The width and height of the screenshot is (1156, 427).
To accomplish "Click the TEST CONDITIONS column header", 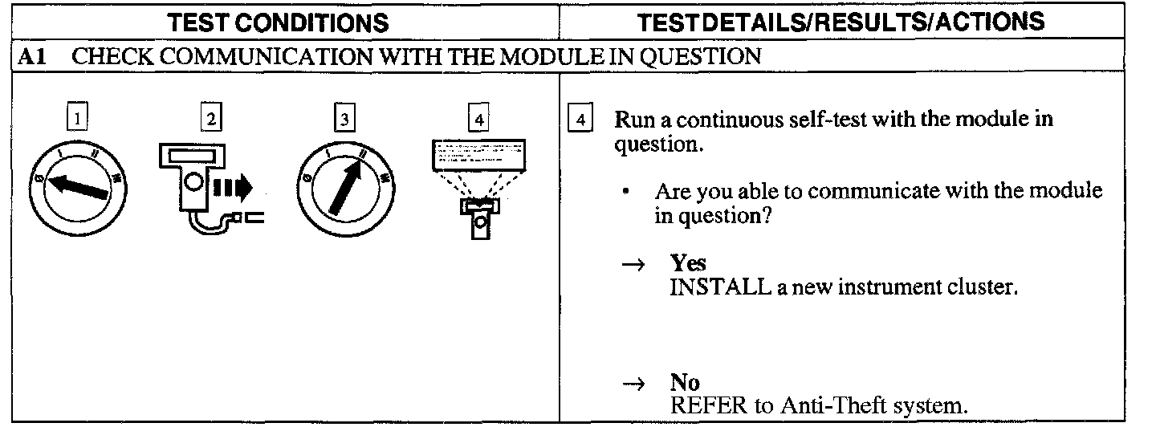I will (x=279, y=23).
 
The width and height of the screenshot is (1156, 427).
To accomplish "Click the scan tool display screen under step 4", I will (x=479, y=153).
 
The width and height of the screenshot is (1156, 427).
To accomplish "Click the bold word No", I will (x=684, y=384).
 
